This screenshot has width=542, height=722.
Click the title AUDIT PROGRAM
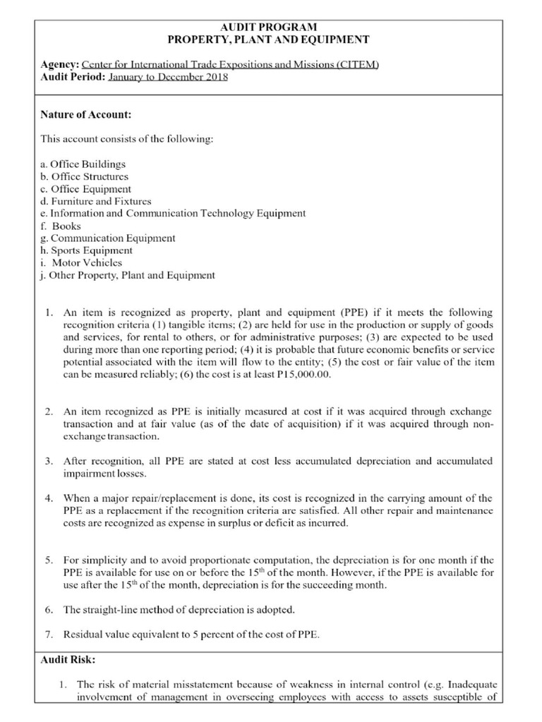[271, 27]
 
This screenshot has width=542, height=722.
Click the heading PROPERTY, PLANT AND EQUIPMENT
[271, 40]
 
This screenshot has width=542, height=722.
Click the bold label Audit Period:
[73, 77]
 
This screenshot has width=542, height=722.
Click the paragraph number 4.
[49, 498]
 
